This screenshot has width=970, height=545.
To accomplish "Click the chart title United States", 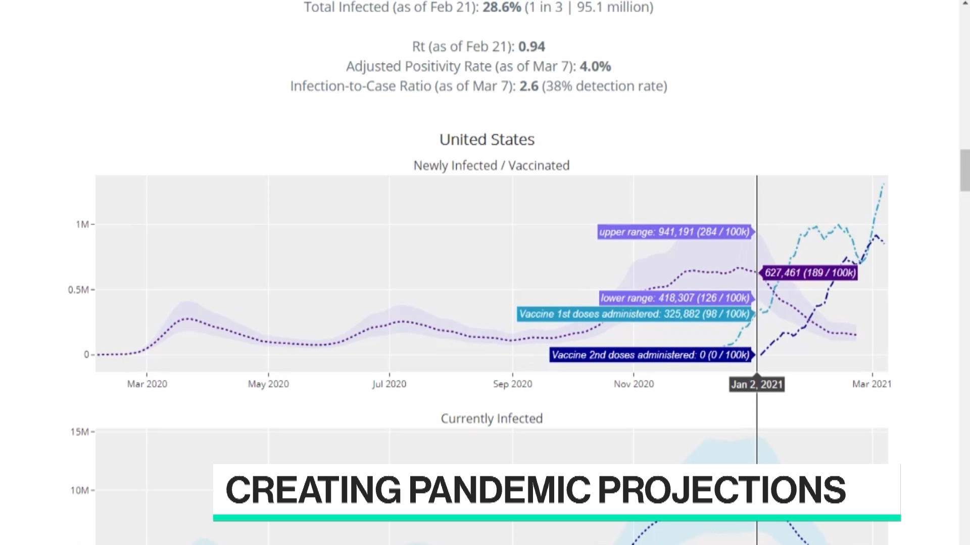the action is tap(487, 139).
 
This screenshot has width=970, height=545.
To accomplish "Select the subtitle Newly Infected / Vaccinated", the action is tap(492, 166).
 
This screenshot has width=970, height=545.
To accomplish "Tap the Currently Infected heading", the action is tap(492, 418).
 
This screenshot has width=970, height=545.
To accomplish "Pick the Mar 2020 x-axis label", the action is tap(147, 384).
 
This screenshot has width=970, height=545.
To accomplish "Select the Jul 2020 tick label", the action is tap(389, 384).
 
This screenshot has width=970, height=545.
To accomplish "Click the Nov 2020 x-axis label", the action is tap(634, 384).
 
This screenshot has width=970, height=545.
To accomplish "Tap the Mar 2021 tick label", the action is tap(872, 384).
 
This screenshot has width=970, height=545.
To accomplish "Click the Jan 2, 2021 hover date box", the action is tap(757, 385).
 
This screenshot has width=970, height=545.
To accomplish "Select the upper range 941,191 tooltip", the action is tap(674, 232).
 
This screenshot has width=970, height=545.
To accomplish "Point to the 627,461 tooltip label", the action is tap(810, 273).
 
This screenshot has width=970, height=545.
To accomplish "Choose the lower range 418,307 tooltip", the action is tap(675, 298).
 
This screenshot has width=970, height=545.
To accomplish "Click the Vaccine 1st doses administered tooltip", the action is tap(635, 314).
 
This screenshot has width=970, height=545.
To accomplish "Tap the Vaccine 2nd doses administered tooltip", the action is tap(651, 355).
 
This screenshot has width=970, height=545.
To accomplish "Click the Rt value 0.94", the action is tap(531, 46).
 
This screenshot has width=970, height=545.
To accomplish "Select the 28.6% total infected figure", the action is tap(502, 7).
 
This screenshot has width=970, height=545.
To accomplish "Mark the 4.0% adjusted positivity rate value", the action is tap(595, 66).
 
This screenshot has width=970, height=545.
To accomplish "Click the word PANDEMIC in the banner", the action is tap(499, 489).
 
